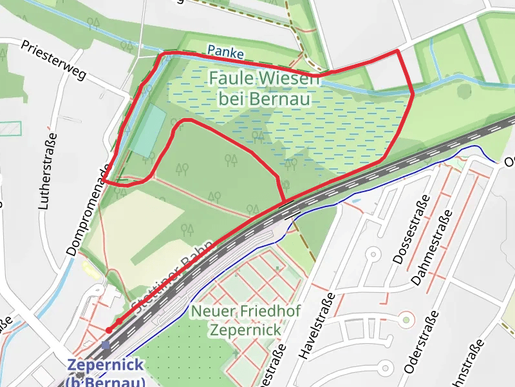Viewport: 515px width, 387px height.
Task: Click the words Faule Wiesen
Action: click(x=263, y=80)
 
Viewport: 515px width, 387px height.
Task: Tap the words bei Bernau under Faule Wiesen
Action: click(x=265, y=99)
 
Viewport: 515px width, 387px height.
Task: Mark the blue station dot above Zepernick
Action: click(x=106, y=345)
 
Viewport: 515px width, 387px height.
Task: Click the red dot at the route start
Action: click(x=109, y=330)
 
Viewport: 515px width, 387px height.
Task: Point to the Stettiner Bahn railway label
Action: click(x=171, y=275)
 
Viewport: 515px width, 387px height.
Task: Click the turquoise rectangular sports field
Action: click(x=147, y=131)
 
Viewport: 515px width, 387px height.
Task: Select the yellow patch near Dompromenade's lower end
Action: click(x=88, y=268)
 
